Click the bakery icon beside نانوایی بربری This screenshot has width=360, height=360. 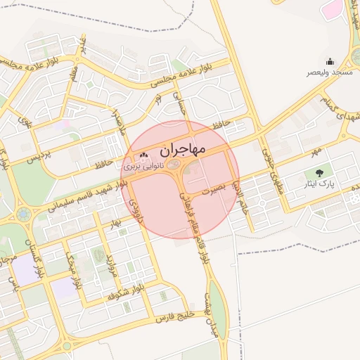[x=144, y=155]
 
